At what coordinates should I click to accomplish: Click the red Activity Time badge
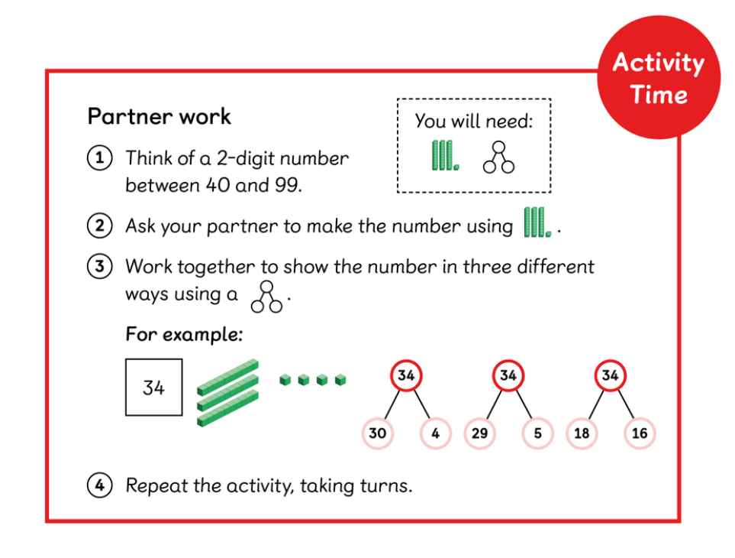click(659, 77)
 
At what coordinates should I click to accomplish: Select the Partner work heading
click(160, 116)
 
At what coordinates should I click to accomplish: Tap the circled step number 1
click(100, 157)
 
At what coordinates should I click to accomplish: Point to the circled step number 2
click(100, 225)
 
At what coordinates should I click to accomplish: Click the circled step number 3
click(100, 266)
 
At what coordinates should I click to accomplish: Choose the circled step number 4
click(100, 485)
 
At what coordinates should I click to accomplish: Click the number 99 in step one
click(287, 185)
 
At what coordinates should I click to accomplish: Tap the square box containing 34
click(153, 388)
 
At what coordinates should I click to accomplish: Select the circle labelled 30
click(377, 433)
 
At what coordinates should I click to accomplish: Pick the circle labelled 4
click(436, 433)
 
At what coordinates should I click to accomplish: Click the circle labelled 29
click(479, 433)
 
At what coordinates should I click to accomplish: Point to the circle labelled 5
click(537, 433)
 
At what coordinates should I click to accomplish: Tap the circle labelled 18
click(582, 433)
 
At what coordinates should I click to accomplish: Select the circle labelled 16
click(640, 433)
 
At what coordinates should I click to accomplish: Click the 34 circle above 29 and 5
click(508, 375)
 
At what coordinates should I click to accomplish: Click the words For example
click(184, 335)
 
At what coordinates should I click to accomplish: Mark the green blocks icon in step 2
click(537, 222)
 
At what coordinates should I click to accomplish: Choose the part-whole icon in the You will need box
click(498, 157)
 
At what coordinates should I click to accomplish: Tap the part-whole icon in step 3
click(266, 297)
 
